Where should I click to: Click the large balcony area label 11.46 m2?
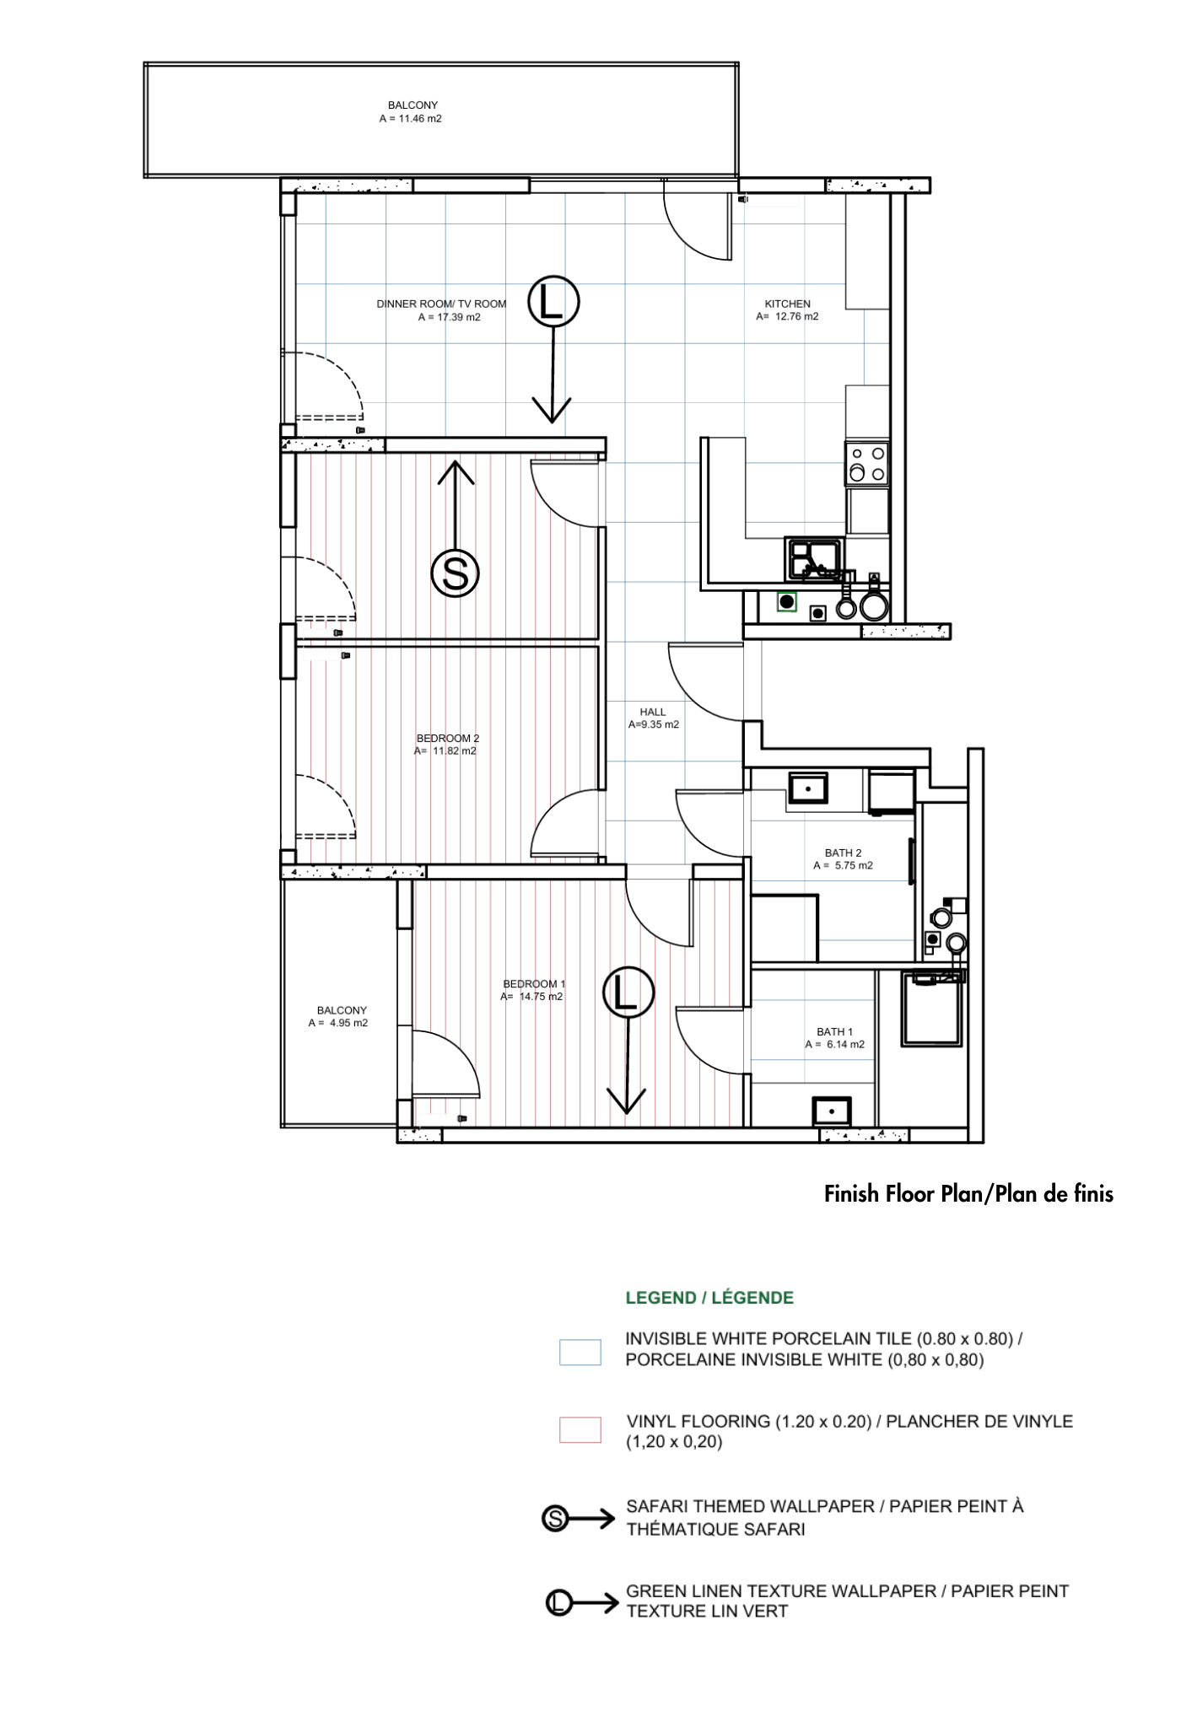pyautogui.click(x=411, y=119)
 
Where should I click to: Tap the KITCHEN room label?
pyautogui.click(x=788, y=304)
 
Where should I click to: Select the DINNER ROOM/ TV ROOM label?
pyautogui.click(x=441, y=304)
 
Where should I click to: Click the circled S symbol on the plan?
pyautogui.click(x=456, y=573)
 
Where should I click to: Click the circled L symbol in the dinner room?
pyautogui.click(x=553, y=301)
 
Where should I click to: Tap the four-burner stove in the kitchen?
pyautogui.click(x=867, y=464)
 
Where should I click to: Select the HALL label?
pyautogui.click(x=653, y=712)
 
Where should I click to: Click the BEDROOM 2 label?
pyautogui.click(x=448, y=738)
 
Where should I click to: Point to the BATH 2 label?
pyautogui.click(x=844, y=853)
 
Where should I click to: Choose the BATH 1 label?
pyautogui.click(x=835, y=1031)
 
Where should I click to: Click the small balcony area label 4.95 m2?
pyautogui.click(x=338, y=1023)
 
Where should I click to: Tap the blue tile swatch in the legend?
pyautogui.click(x=580, y=1352)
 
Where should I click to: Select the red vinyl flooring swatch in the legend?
pyautogui.click(x=580, y=1430)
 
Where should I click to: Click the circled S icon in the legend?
pyautogui.click(x=555, y=1519)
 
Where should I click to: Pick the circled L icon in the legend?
pyautogui.click(x=558, y=1602)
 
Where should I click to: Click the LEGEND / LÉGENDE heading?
pyautogui.click(x=709, y=1298)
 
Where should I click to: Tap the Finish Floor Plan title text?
pyautogui.click(x=968, y=1193)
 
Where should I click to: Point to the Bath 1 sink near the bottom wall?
pyautogui.click(x=832, y=1111)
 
